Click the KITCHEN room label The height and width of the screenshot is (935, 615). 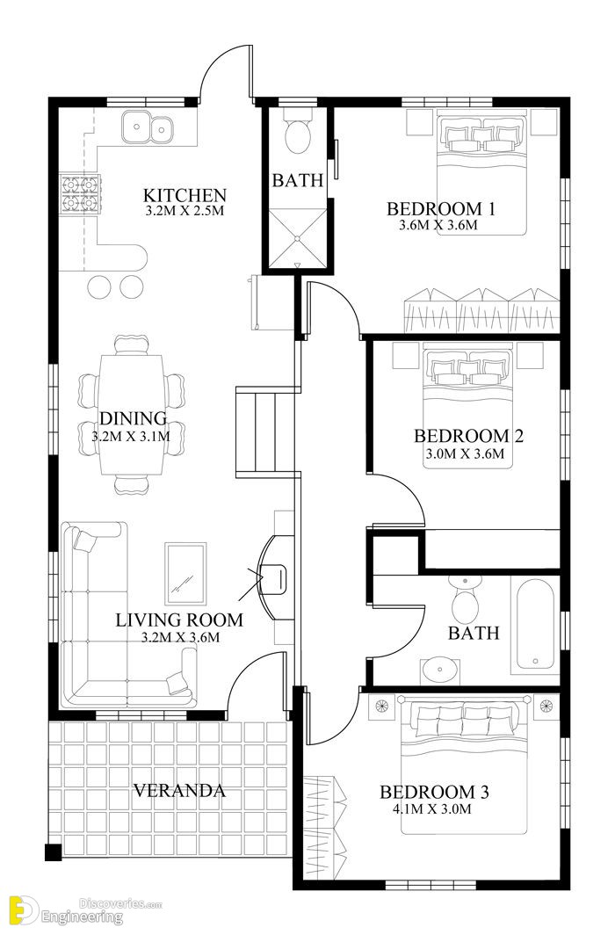click(x=184, y=195)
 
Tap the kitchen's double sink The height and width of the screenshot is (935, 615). click(x=148, y=128)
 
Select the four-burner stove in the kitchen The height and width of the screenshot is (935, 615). click(x=79, y=194)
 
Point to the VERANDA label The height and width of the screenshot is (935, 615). click(x=178, y=791)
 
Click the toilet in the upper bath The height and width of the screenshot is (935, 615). click(x=297, y=133)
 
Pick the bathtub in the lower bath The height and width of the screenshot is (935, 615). click(x=536, y=623)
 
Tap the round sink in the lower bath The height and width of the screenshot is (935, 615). click(x=440, y=671)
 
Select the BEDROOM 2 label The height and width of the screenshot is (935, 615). click(x=468, y=436)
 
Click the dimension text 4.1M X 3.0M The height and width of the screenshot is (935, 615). click(x=432, y=808)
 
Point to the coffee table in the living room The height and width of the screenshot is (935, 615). click(x=185, y=573)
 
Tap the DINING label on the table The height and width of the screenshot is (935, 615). click(x=133, y=418)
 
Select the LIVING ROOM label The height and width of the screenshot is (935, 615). click(x=179, y=620)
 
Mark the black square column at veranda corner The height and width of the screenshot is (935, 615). click(x=53, y=852)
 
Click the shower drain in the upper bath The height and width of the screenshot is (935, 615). click(x=297, y=238)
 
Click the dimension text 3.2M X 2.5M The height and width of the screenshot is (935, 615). click(x=184, y=211)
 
